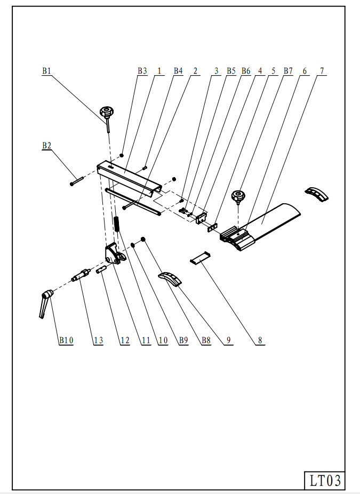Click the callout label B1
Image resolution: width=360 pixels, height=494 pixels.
46,70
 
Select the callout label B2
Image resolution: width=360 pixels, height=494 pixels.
46,145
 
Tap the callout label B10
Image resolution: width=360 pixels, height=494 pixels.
66,340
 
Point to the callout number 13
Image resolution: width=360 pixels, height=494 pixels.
98,340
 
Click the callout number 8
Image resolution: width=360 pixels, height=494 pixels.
260,340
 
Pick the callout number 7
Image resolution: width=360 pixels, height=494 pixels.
322,70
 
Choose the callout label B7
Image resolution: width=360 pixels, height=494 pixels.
288,70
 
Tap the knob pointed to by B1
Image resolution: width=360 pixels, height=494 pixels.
106,113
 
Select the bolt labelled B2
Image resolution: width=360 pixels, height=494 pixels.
77,181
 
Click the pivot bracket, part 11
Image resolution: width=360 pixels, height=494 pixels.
114,253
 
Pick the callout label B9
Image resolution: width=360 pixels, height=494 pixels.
183,340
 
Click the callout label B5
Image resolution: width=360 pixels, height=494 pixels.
231,70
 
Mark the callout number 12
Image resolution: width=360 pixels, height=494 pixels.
125,340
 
